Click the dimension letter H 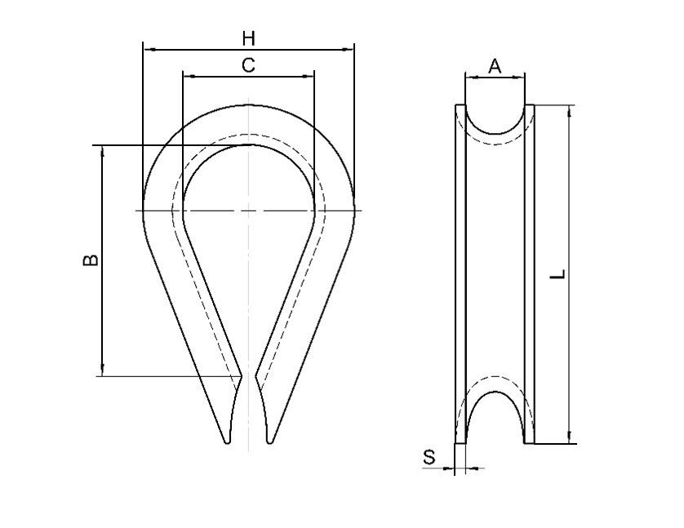tap(249, 38)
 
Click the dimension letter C tap(249, 65)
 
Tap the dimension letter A tap(495, 66)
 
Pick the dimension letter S tap(429, 458)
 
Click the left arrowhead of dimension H tap(147, 49)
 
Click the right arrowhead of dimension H tap(351, 49)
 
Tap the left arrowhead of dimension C tap(186, 76)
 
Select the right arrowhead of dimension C tap(310, 76)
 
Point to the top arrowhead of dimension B tap(102, 150)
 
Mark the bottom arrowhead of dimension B tap(102, 372)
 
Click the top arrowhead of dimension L tap(568, 109)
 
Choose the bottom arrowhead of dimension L tap(568, 439)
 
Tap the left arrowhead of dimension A tap(469, 78)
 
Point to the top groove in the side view tap(495, 121)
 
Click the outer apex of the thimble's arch tap(249, 104)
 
